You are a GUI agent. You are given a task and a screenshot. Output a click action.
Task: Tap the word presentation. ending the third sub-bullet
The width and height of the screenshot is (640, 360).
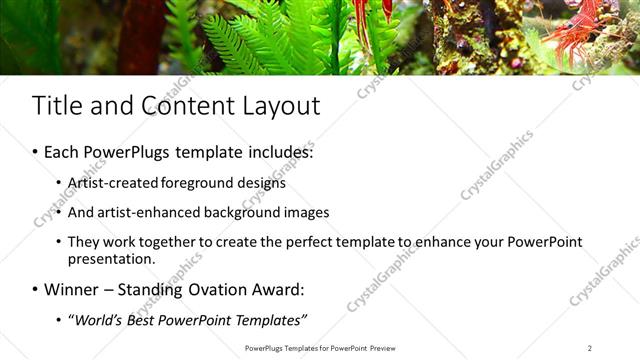coord(111,258)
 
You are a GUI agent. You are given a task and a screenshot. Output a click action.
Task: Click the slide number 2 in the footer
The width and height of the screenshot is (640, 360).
coord(590,348)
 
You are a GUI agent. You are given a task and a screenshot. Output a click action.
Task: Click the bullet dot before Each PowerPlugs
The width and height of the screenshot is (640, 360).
coord(35,153)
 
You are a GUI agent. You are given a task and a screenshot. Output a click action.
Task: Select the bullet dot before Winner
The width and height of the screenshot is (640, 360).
coord(35,291)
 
